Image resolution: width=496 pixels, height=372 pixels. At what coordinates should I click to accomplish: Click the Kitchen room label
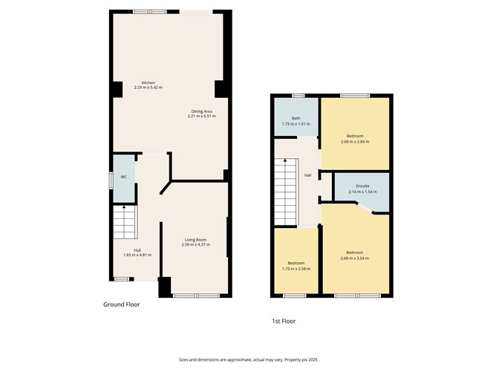(x=148, y=82)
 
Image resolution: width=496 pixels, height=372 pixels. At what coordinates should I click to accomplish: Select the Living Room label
(x=195, y=240)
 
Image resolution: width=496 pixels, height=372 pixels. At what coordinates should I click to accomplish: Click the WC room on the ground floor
(x=124, y=178)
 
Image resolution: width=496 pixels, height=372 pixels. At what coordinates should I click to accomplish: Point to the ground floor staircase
(x=125, y=222)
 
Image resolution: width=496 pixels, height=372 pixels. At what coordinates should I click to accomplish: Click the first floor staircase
(x=286, y=195)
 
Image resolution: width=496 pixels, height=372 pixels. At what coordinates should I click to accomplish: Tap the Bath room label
(x=296, y=118)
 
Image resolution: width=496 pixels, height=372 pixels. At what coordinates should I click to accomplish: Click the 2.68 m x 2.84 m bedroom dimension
(x=355, y=141)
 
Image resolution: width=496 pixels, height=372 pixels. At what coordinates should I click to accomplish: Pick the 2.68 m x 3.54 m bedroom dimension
(x=355, y=258)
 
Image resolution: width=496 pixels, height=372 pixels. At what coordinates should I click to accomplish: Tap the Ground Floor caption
(x=121, y=304)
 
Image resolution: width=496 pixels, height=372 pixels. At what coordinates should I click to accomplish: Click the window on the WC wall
(x=111, y=177)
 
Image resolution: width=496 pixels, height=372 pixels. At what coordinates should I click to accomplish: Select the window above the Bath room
(x=298, y=95)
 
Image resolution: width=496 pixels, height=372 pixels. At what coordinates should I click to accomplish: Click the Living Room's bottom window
(x=196, y=296)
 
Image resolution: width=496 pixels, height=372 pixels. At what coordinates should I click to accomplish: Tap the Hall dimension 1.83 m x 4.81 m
(x=137, y=255)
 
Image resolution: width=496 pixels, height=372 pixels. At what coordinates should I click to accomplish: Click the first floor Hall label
(x=307, y=175)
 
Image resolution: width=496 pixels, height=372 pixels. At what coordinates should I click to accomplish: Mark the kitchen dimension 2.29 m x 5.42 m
(x=148, y=88)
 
